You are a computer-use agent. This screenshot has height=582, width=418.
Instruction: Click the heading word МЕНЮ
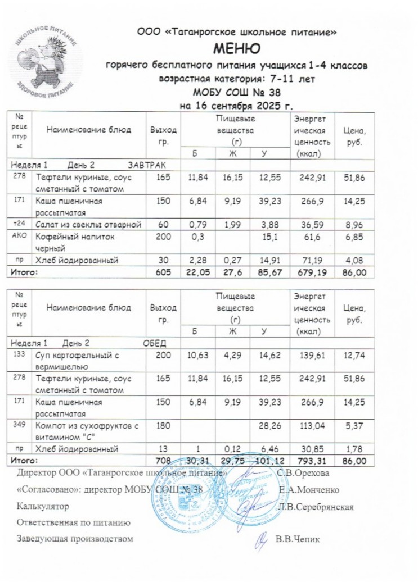click(x=237, y=49)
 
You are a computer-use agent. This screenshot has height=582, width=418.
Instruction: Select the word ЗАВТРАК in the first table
click(x=147, y=165)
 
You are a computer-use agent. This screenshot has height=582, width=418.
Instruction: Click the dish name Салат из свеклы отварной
click(x=87, y=225)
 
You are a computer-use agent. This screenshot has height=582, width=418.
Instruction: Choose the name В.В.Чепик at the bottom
click(x=298, y=539)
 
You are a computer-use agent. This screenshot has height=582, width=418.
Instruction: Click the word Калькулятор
click(x=43, y=506)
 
